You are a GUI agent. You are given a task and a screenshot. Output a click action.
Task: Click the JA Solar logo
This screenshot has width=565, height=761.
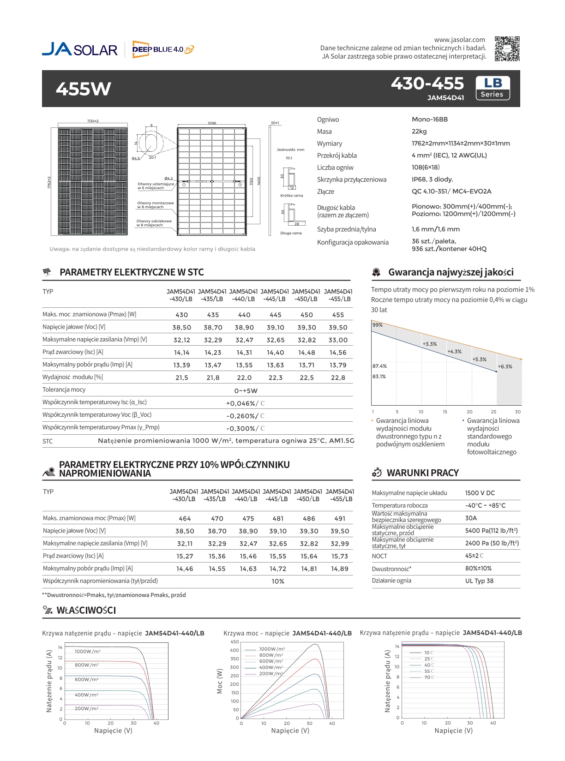click(79, 49)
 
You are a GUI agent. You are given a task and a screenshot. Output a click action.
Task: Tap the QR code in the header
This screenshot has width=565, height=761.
click(507, 48)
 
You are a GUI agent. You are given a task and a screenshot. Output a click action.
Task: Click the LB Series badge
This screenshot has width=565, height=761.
click(493, 88)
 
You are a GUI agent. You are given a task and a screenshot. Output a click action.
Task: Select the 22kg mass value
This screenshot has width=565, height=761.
click(419, 132)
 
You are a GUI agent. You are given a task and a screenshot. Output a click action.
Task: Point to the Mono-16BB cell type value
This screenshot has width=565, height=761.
click(429, 120)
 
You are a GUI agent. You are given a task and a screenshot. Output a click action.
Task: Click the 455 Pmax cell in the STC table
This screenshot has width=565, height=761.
click(338, 315)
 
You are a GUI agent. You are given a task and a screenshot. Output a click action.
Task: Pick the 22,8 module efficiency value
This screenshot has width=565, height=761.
click(338, 378)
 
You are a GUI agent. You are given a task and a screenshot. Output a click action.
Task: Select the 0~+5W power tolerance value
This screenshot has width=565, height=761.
click(246, 390)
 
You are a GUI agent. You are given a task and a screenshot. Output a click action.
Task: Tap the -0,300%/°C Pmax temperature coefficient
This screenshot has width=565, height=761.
click(245, 428)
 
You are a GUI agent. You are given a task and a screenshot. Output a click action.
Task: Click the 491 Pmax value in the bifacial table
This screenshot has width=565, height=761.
click(340, 518)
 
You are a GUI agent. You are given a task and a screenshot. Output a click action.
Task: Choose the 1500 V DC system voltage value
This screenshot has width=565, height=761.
click(480, 493)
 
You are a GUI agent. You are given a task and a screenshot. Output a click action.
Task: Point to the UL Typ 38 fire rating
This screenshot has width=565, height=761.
click(479, 581)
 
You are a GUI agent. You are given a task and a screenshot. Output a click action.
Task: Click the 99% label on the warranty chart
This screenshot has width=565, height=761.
click(378, 325)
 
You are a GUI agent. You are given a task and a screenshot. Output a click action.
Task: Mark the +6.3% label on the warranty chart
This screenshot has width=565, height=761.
click(505, 366)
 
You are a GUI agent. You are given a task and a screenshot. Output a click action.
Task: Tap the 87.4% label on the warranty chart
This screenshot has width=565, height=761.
click(379, 366)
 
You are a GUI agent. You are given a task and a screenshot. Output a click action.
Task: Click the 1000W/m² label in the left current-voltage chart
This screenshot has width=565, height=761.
click(88, 651)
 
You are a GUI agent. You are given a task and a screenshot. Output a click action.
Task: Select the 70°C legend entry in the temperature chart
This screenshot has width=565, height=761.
click(429, 677)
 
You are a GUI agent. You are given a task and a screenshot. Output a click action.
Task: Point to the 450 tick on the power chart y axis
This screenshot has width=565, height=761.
click(234, 642)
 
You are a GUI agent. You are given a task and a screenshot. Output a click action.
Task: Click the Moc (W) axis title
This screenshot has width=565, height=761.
click(220, 681)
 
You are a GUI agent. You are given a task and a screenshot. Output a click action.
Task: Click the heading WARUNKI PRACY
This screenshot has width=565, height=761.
click(422, 473)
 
